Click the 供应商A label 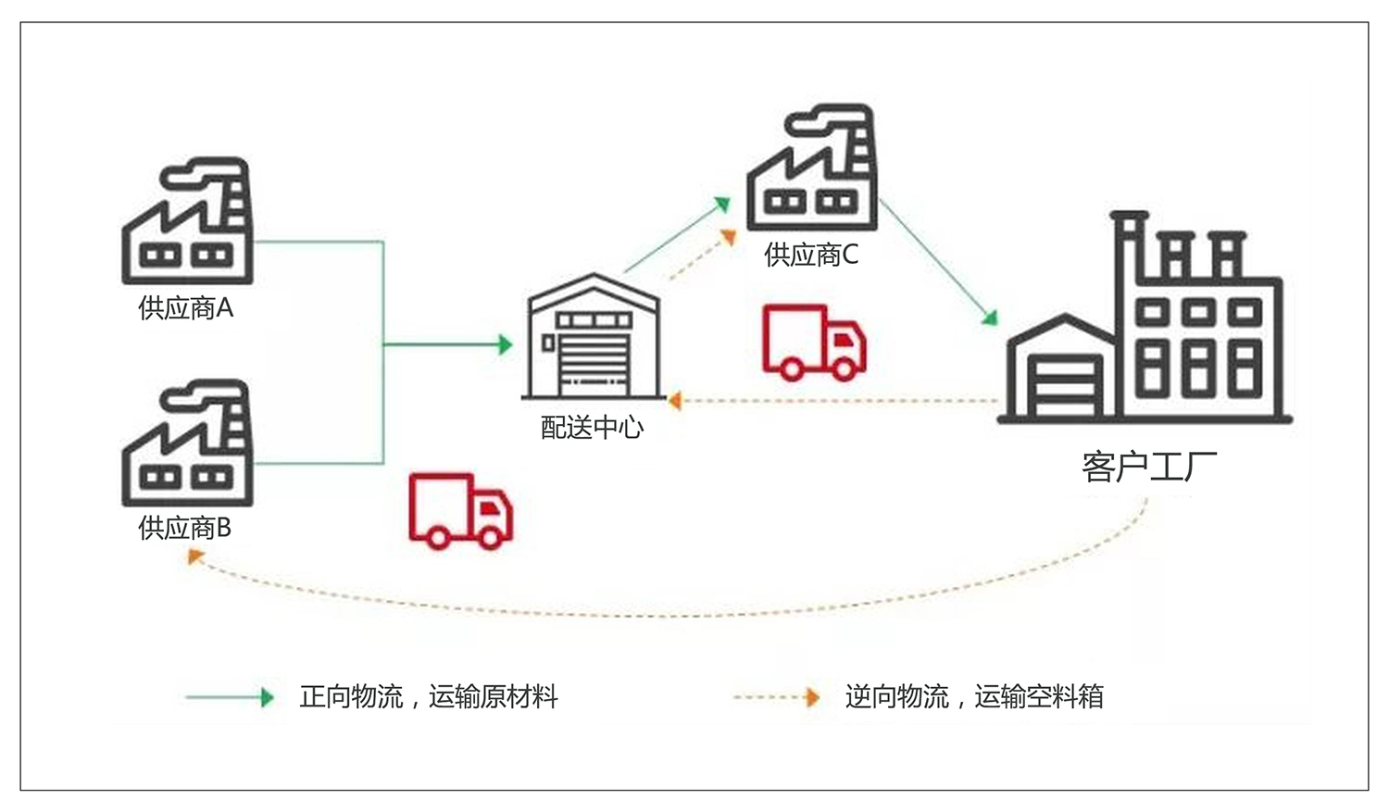point(185,308)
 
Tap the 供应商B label point(185,528)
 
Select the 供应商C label point(811,255)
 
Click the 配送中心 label point(593,427)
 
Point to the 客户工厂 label point(1149,466)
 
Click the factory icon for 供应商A point(187,220)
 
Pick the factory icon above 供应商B point(187,443)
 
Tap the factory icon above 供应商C point(812,168)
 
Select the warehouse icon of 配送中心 point(594,336)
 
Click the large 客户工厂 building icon point(1145,318)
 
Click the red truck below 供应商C point(814,343)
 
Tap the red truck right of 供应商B point(461,511)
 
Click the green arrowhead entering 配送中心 point(506,344)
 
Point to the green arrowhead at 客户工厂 point(990,318)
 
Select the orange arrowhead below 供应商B point(195,556)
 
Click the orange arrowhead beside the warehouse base point(675,401)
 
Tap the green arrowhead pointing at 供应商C point(723,204)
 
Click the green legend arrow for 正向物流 point(230,697)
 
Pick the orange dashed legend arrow point(776,697)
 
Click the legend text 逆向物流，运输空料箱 point(974,696)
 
